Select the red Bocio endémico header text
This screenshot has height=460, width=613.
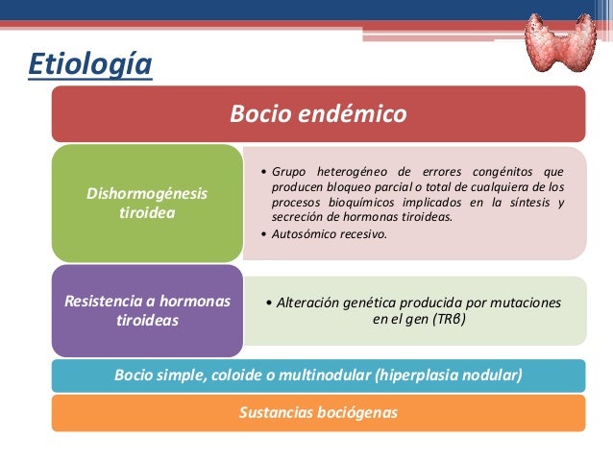point(318,114)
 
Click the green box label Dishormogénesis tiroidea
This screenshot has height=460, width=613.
point(146,203)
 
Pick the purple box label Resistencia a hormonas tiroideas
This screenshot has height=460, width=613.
point(147,310)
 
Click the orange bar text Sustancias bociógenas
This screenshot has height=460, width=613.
point(318,413)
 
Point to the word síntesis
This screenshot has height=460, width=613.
point(524,202)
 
